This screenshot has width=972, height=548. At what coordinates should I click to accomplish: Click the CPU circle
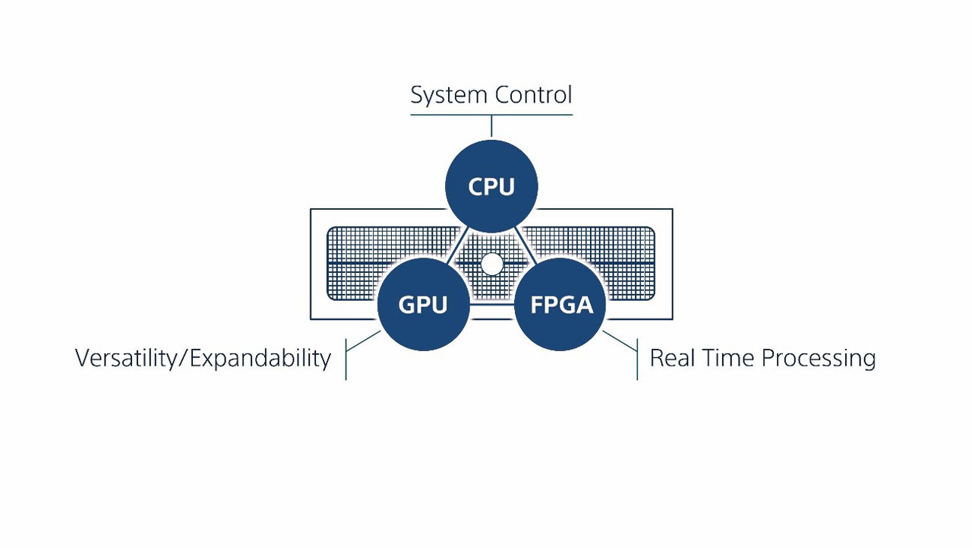[x=491, y=186]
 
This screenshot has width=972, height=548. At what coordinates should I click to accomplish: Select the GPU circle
[x=423, y=304]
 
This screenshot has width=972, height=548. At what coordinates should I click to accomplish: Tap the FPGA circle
[x=561, y=304]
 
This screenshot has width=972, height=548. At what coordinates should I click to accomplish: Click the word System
[x=449, y=96]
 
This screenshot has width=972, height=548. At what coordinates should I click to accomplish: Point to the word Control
[x=532, y=96]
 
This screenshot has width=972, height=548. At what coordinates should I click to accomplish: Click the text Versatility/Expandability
[x=203, y=358]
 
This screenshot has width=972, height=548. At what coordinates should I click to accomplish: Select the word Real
[x=671, y=358]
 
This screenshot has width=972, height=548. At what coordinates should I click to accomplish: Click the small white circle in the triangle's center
[x=492, y=264]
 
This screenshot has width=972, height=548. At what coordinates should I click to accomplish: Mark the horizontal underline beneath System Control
[x=491, y=115]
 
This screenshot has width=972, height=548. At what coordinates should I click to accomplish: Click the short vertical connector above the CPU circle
[x=492, y=126]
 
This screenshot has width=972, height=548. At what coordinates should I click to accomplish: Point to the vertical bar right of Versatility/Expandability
[x=346, y=359]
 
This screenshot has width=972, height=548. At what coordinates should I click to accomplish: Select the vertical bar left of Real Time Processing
[x=636, y=359]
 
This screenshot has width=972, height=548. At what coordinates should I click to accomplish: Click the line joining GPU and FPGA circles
[x=492, y=306]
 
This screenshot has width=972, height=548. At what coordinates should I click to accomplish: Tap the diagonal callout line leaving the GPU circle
[x=364, y=341]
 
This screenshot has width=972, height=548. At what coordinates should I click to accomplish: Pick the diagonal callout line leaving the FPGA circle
[x=620, y=341]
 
